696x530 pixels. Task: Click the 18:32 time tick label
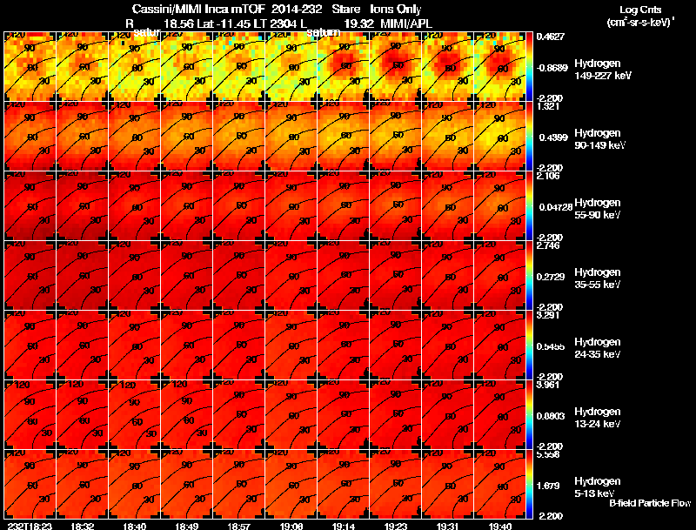point(83,526)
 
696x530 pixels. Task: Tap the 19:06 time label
point(291,526)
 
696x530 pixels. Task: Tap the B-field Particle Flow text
point(650,503)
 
